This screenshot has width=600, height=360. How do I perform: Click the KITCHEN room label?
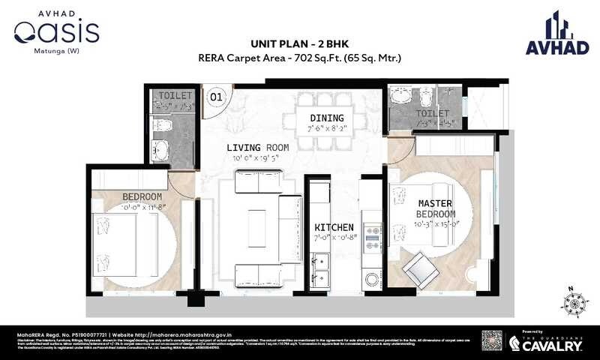(334, 226)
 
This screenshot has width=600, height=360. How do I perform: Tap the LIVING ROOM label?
(257, 147)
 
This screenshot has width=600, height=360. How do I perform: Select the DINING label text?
(327, 118)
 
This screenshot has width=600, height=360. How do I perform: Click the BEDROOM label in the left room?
(142, 196)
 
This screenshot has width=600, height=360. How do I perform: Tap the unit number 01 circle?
(216, 96)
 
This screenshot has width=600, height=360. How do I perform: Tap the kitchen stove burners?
(372, 236)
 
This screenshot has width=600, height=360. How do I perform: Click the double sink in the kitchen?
(323, 265)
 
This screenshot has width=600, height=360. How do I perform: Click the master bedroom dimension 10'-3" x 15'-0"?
(434, 223)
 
